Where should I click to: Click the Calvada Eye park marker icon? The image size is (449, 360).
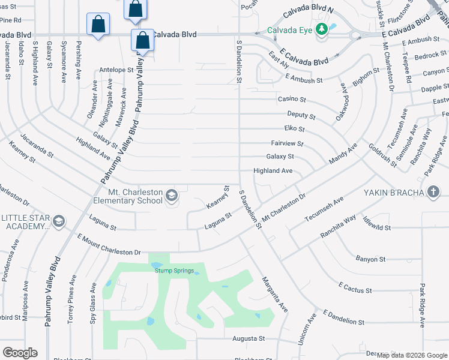(x=322, y=29)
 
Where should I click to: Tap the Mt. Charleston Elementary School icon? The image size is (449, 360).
(x=172, y=195)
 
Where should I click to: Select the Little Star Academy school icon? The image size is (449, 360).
(x=58, y=222)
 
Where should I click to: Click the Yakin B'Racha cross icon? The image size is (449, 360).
(x=433, y=193)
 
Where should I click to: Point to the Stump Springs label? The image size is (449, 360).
(x=175, y=271)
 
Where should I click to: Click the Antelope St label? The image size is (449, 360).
(x=116, y=70)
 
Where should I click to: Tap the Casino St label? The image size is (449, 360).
(x=292, y=99)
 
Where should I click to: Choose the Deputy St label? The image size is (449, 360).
(x=301, y=115)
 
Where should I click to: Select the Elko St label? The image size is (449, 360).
(x=294, y=129)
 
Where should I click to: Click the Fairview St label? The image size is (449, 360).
(x=288, y=144)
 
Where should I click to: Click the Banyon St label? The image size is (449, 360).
(x=370, y=259)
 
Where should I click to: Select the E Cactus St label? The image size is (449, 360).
(x=355, y=290)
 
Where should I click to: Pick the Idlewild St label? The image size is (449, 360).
(x=377, y=228)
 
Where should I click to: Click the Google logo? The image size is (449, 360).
(x=20, y=353)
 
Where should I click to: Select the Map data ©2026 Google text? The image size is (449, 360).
(x=412, y=355)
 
